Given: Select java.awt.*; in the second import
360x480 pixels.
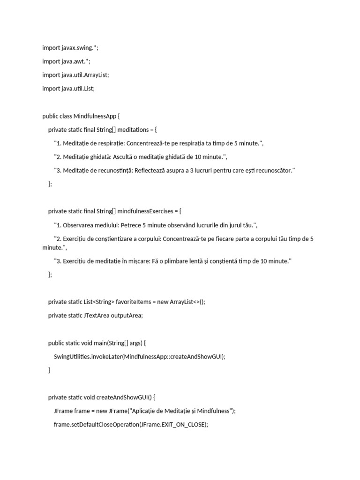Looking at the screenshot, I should point(76,61).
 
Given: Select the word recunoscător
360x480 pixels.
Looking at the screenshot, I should point(274,171).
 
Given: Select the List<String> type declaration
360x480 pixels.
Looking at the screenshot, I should point(99,302).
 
